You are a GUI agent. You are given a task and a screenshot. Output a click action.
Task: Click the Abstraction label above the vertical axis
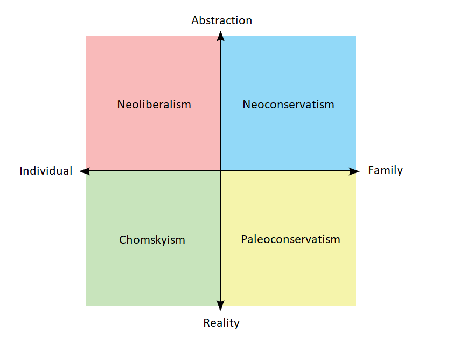221,20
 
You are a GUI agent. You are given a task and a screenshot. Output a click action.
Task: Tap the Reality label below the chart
221,323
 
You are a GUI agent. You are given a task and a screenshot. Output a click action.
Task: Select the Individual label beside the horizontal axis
46,171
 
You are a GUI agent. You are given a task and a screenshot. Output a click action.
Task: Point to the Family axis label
385,170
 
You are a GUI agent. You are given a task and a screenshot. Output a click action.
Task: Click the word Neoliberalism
154,105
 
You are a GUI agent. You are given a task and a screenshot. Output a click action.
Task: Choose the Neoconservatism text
288,105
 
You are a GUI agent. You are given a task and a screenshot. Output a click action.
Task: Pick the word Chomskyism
152,240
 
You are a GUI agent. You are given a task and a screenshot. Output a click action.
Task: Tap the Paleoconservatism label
290,239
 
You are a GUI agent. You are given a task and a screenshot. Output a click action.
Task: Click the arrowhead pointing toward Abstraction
221,36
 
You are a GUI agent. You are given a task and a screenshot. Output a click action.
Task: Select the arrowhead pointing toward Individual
85,171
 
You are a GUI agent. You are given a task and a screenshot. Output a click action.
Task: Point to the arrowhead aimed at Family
354,171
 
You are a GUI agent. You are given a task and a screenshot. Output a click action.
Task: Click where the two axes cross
221,171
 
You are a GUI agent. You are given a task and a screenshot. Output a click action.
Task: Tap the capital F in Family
371,170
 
